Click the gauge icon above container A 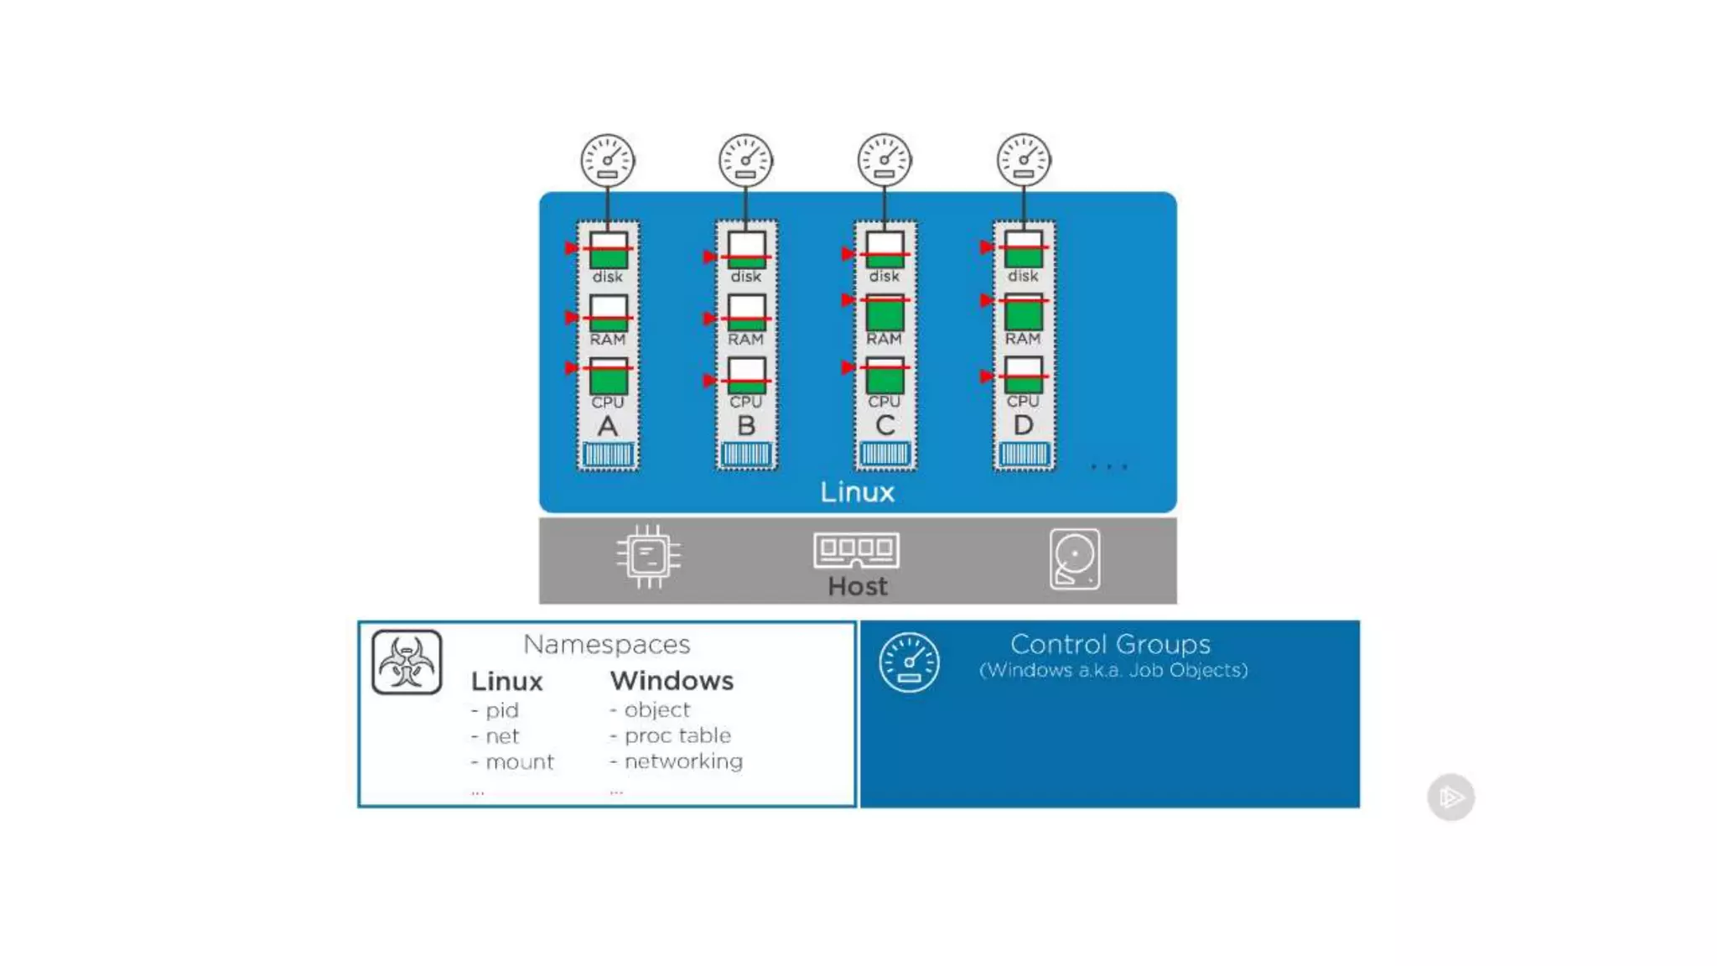pyautogui.click(x=607, y=160)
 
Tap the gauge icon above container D pyautogui.click(x=1023, y=159)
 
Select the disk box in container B pyautogui.click(x=746, y=251)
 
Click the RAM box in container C pyautogui.click(x=884, y=312)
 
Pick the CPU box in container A pyautogui.click(x=608, y=377)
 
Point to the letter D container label pyautogui.click(x=1023, y=425)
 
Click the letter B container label pyautogui.click(x=746, y=426)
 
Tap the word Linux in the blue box pyautogui.click(x=857, y=492)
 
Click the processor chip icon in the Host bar pyautogui.click(x=648, y=556)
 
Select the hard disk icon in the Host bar pyautogui.click(x=1074, y=558)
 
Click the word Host pyautogui.click(x=857, y=586)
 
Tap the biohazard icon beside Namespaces pyautogui.click(x=407, y=662)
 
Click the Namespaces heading pyautogui.click(x=606, y=644)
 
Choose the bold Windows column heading pyautogui.click(x=672, y=681)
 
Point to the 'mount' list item pyautogui.click(x=519, y=761)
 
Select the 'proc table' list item pyautogui.click(x=677, y=735)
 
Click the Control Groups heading pyautogui.click(x=1110, y=644)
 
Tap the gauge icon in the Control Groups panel pyautogui.click(x=909, y=662)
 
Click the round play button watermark pyautogui.click(x=1450, y=797)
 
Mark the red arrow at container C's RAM pyautogui.click(x=848, y=300)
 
